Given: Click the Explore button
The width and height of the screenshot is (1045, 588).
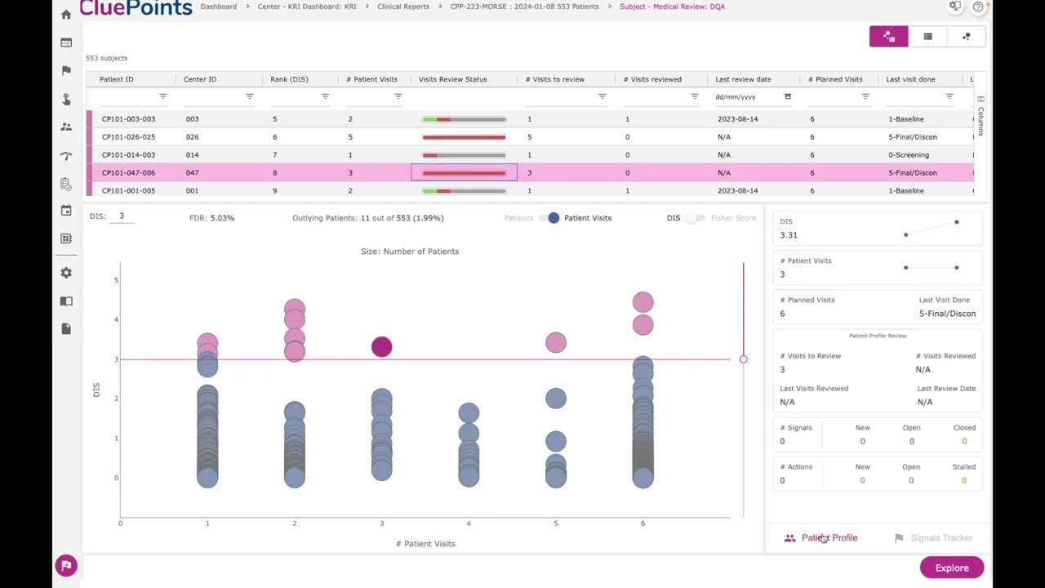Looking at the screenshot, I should pos(951,568).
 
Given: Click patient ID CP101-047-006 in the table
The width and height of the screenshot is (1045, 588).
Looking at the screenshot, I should pos(128,172).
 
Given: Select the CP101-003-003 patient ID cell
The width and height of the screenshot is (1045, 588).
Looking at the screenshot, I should pos(128,118).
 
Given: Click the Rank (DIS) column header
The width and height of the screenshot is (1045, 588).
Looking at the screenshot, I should pos(289,79).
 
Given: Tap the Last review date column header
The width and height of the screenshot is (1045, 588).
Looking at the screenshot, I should pos(743,79).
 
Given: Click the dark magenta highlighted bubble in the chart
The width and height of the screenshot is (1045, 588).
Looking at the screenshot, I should pos(381,347).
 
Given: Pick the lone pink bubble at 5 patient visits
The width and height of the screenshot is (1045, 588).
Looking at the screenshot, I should pos(555,342).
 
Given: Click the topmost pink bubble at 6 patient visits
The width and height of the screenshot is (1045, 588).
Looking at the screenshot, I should pos(643,302).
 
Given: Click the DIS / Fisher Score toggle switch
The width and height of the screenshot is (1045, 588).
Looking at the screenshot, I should pos(695,218).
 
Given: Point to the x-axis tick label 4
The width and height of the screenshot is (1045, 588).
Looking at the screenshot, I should pos(469,523).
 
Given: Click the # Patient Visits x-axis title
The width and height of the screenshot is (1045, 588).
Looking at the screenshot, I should pos(425,543).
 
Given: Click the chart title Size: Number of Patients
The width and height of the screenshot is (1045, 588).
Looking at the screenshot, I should pos(410,252).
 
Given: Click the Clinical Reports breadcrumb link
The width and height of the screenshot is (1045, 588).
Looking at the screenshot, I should pos(402,7).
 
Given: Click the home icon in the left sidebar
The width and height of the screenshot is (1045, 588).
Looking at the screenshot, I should pos(66,14).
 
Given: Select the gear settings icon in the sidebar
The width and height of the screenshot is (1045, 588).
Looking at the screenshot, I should pos(66,273).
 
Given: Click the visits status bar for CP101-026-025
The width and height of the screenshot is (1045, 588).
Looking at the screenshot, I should pos(464,137).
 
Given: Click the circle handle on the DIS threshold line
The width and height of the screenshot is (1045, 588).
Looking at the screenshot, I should pos(743,359).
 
